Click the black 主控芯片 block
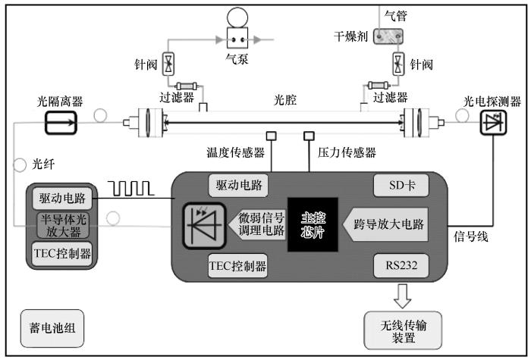coord(313,224)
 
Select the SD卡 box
coord(401,185)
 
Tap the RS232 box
coord(401,265)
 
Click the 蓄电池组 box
coord(52,328)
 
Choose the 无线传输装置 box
coord(403,330)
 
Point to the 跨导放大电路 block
coord(385,224)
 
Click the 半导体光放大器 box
coord(63,226)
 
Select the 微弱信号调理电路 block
coord(257,224)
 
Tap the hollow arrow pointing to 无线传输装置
coord(402,296)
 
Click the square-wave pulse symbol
coord(131,189)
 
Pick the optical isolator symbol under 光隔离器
coord(61,123)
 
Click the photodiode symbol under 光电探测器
coord(493,123)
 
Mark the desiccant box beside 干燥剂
coord(388,36)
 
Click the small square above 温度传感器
coord(272,136)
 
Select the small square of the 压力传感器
coord(309,136)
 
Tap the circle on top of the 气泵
coord(237,17)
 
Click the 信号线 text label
coord(471,236)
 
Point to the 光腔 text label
coord(285,100)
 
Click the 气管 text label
coord(395,16)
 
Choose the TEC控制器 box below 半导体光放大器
coord(63,254)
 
